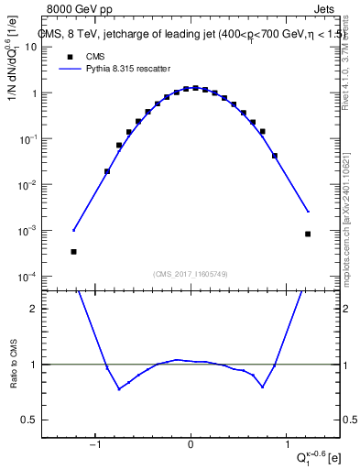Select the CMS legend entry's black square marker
(x=67, y=55)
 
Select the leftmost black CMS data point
(x=73, y=251)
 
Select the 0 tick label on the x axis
(x=191, y=446)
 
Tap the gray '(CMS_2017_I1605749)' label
(x=191, y=275)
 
